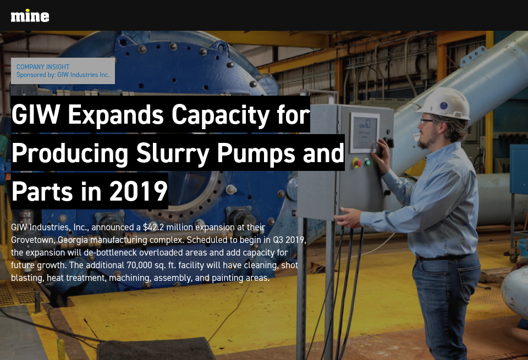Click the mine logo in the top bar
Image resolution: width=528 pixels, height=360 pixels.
[x=30, y=15]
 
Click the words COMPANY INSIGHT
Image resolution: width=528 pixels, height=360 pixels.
[x=43, y=67]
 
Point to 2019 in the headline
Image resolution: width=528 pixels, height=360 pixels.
[x=138, y=191]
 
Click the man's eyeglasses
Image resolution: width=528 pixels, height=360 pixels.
[x=427, y=120]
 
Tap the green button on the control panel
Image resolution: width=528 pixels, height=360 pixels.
[x=367, y=162]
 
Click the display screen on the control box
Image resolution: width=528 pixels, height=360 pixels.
[x=364, y=133]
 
